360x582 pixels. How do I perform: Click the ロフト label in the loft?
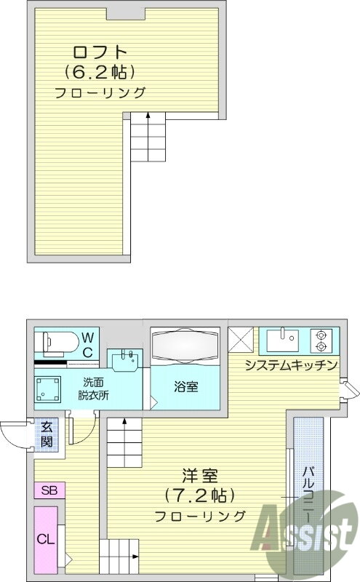click(x=99, y=52)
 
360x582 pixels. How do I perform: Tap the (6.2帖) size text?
click(x=100, y=72)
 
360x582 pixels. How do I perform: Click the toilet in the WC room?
click(x=56, y=340)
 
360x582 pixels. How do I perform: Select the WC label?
click(x=87, y=344)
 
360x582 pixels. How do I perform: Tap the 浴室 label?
click(x=186, y=387)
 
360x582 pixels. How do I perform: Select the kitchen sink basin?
click(x=284, y=339)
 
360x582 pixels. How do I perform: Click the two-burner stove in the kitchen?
click(x=320, y=339)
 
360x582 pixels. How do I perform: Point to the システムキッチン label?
click(x=290, y=364)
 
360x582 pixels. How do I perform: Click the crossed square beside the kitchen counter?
click(x=240, y=340)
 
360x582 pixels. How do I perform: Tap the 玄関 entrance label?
click(x=47, y=434)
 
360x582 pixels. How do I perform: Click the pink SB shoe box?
click(x=49, y=489)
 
